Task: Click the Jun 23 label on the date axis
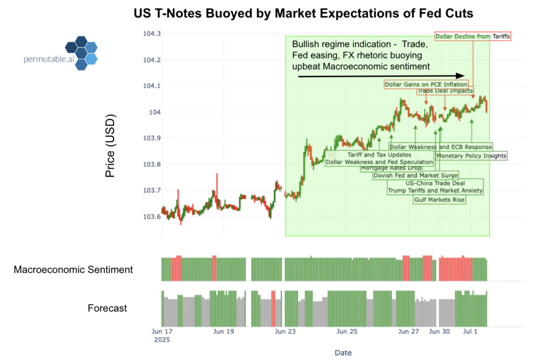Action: (284, 331)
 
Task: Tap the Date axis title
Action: (343, 352)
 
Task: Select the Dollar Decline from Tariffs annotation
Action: (473, 36)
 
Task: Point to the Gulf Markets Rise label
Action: (439, 200)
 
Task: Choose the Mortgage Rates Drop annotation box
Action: (391, 168)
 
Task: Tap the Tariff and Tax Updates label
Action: (379, 155)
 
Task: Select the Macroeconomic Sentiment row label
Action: (73, 270)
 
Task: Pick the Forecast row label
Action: (107, 308)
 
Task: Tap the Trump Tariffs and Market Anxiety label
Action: (434, 191)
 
